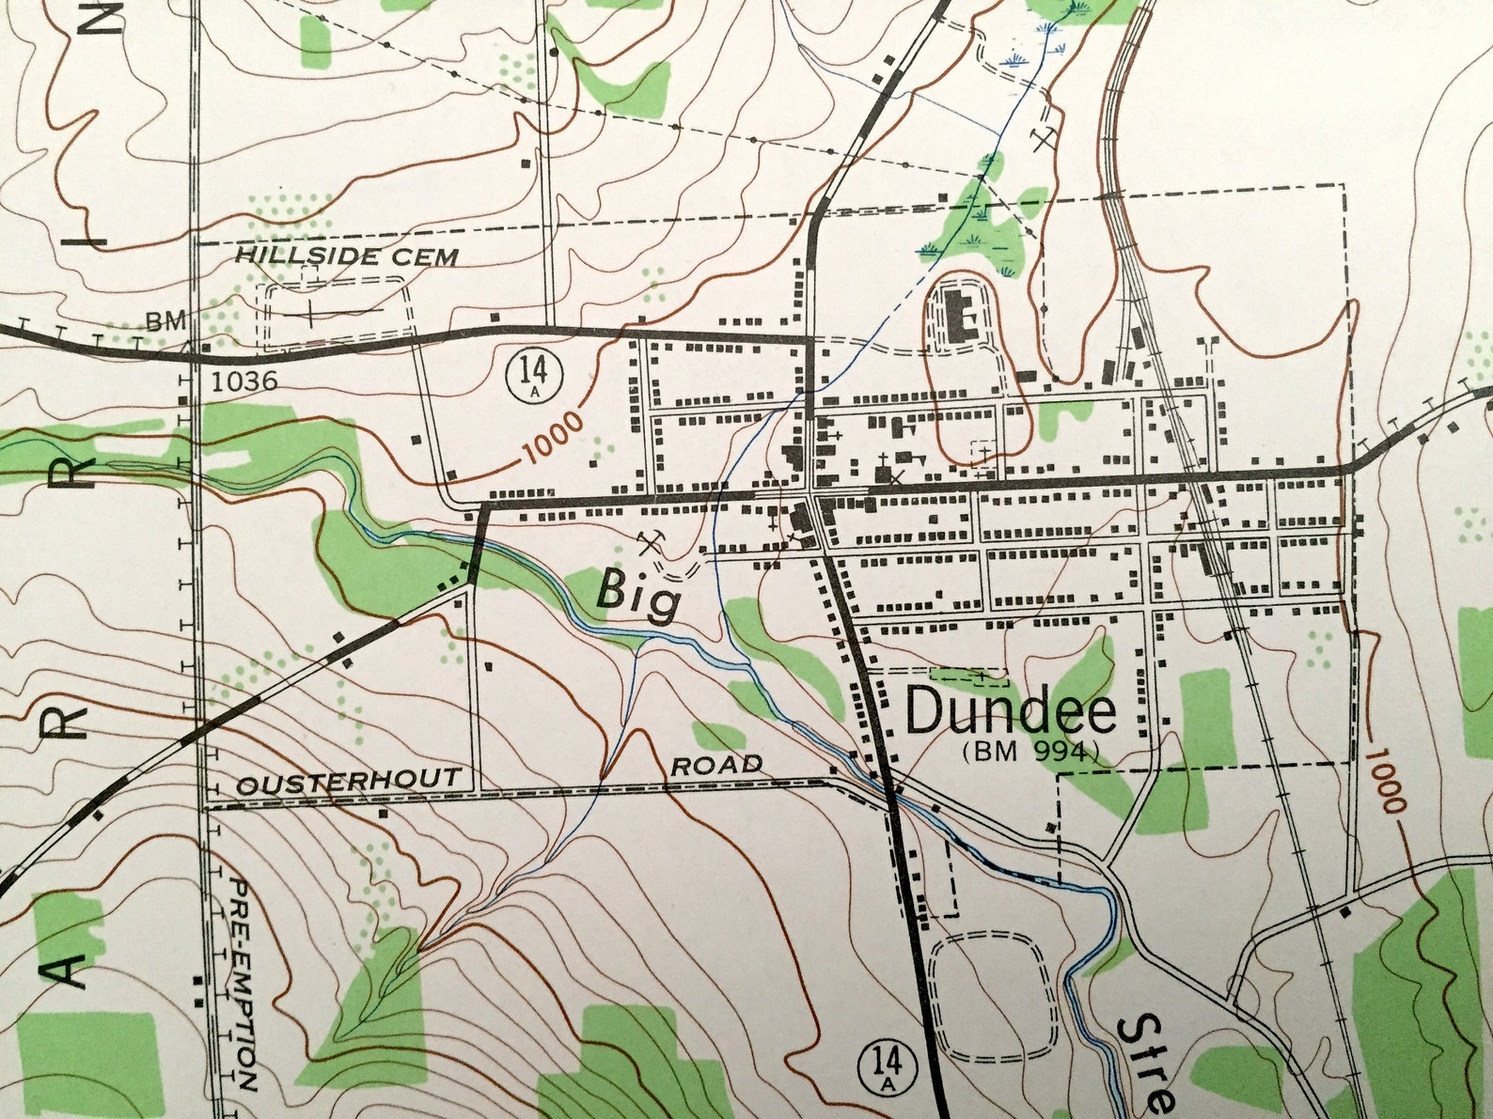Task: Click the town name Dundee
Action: [x=1011, y=711]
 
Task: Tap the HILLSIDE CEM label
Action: [x=346, y=256]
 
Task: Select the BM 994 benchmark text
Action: [x=1030, y=751]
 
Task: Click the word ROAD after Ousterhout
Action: [x=716, y=765]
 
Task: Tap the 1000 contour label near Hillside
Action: [x=552, y=437]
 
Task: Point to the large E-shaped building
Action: [x=961, y=316]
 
